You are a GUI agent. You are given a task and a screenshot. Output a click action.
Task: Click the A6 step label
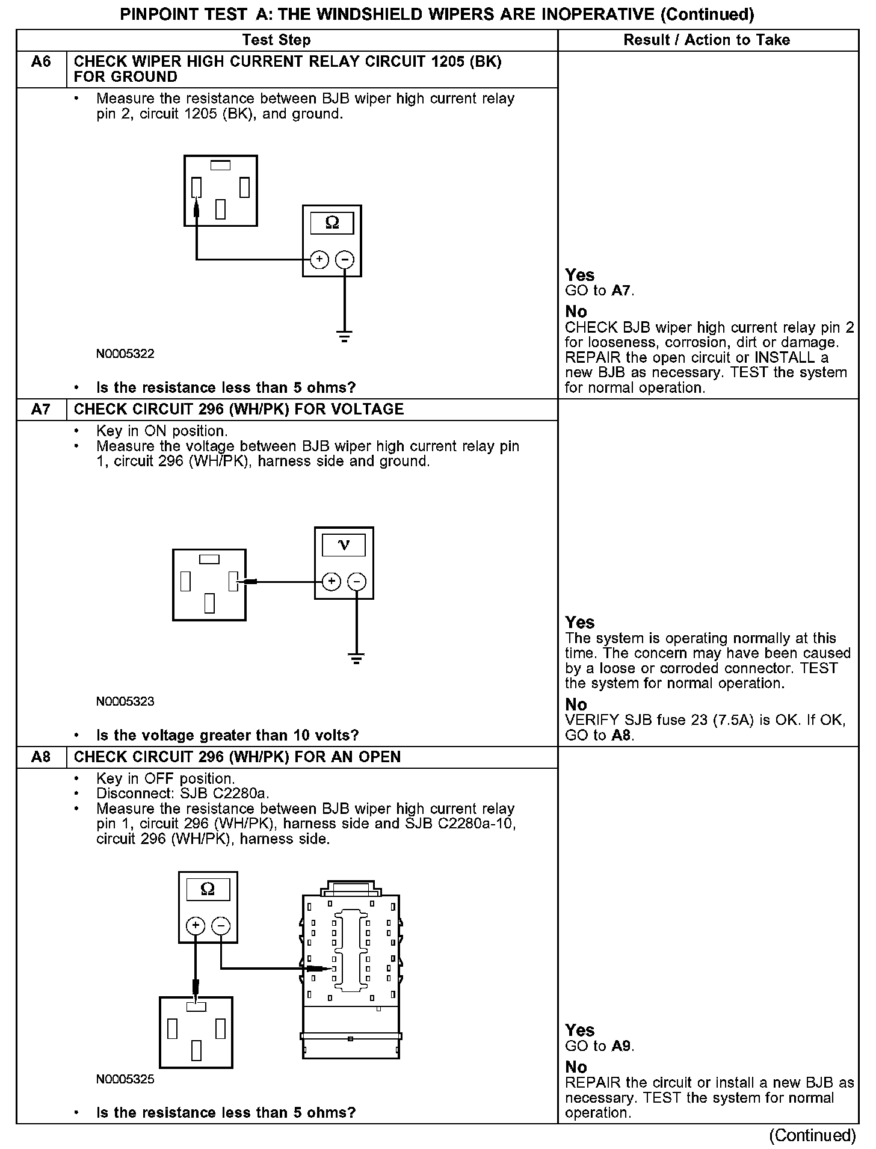click(x=41, y=62)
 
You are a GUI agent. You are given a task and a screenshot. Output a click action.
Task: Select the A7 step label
click(x=41, y=410)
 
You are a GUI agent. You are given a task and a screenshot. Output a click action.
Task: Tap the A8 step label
click(x=41, y=757)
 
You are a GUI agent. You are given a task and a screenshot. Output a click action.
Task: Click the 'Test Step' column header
click(x=276, y=40)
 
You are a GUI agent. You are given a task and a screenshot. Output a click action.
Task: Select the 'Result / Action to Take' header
click(x=707, y=40)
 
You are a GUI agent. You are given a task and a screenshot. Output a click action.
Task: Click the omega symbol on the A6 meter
click(x=332, y=224)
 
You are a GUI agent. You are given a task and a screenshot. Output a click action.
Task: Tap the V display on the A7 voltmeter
click(x=344, y=545)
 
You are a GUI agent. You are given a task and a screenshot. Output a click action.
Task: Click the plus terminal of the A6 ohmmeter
click(x=319, y=260)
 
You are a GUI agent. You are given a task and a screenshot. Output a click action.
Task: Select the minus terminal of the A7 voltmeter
click(x=357, y=582)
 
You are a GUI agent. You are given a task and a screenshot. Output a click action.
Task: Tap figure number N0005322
click(x=125, y=354)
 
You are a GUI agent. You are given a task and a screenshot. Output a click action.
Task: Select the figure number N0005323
click(x=125, y=701)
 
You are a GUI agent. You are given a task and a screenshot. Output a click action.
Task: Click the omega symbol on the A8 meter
click(x=208, y=890)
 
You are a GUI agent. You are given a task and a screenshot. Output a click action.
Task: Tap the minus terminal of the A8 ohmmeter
click(x=221, y=926)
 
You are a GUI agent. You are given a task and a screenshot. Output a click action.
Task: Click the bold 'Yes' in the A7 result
click(x=580, y=623)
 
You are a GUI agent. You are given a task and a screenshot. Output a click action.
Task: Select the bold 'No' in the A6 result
click(x=576, y=312)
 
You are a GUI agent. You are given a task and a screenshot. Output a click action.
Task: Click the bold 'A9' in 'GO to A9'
click(x=622, y=1046)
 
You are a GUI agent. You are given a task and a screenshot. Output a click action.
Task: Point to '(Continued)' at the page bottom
click(x=812, y=1135)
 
